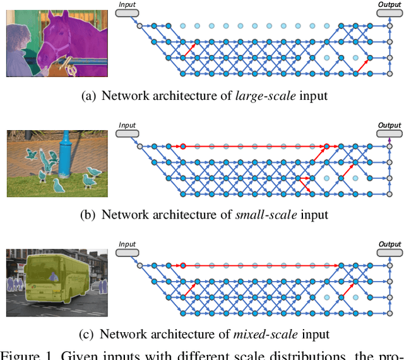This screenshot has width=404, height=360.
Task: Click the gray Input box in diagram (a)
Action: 128,12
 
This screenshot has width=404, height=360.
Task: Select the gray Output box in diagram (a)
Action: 389,12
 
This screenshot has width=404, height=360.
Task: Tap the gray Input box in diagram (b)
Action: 128,133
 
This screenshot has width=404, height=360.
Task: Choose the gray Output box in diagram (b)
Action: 389,133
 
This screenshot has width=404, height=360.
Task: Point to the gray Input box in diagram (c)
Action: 128,253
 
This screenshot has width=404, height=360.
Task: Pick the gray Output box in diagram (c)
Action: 389,253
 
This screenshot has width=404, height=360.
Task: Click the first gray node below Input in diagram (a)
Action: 139,26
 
